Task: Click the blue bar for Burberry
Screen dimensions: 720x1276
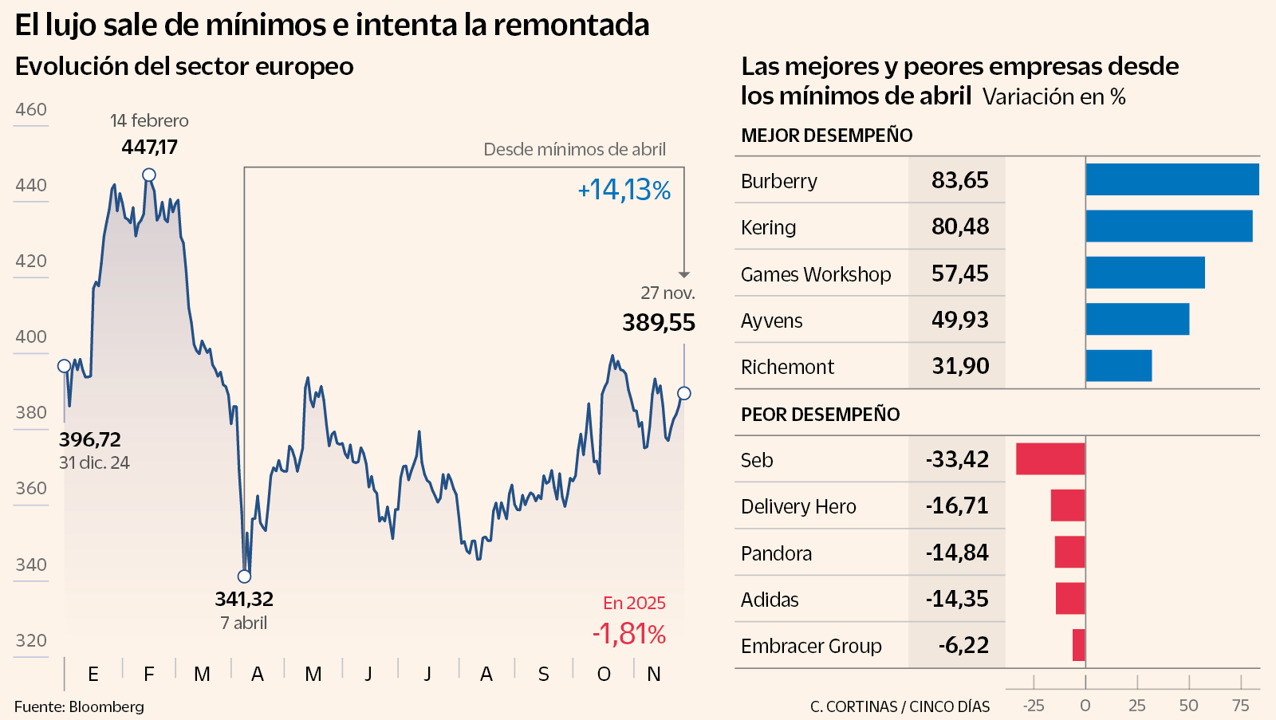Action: (1172, 179)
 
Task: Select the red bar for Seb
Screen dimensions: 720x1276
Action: (1050, 459)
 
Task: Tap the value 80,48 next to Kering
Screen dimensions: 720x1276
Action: (959, 226)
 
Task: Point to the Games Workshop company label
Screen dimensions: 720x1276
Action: (815, 274)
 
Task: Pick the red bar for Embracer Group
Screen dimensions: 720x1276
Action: (1078, 645)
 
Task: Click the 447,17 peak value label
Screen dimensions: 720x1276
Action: (150, 147)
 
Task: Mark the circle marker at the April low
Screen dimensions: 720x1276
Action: (245, 576)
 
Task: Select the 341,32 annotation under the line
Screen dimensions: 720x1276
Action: (244, 599)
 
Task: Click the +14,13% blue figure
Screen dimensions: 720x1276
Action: (624, 190)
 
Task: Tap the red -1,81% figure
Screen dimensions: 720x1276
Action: (628, 634)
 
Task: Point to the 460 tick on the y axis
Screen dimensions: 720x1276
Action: (31, 109)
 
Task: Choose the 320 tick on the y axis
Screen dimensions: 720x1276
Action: (31, 640)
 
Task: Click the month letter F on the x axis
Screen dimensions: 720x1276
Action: (149, 675)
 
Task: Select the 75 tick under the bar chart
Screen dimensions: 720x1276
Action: (1240, 705)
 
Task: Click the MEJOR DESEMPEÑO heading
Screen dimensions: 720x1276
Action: (826, 136)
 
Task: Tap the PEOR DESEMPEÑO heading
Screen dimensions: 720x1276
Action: (820, 415)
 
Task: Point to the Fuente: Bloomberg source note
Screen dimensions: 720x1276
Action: (79, 706)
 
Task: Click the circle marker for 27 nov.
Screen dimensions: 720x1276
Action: (684, 393)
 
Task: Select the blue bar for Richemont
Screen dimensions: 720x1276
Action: (1118, 366)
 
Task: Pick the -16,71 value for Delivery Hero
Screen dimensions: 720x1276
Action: (956, 506)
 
